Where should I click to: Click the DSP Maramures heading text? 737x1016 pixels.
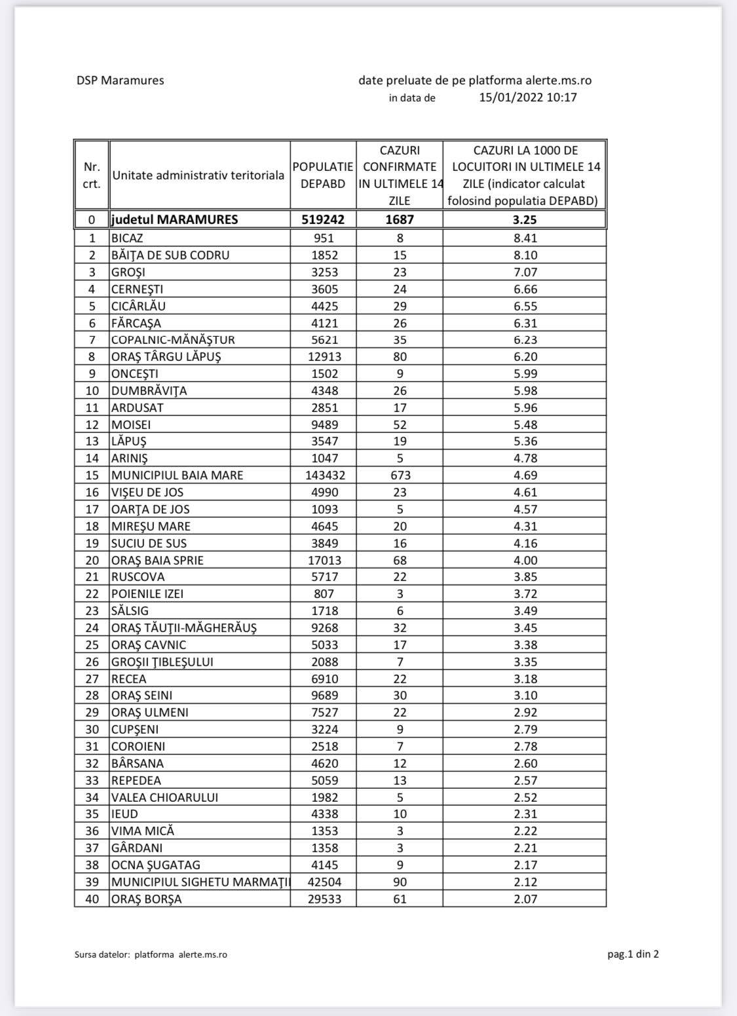tap(120, 81)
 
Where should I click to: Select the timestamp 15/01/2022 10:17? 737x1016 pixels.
tap(527, 98)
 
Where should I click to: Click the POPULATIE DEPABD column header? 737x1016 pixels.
tap(323, 176)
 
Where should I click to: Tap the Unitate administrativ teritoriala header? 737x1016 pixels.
tap(198, 176)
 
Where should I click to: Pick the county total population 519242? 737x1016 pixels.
tap(323, 219)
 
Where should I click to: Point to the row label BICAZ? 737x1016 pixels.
tap(127, 238)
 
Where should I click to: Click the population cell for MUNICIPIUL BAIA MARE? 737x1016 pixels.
tap(323, 476)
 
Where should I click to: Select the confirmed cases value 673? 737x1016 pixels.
tap(400, 476)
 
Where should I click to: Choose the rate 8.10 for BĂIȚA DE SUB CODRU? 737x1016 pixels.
tap(525, 255)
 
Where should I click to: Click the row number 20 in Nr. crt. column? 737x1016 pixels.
tap(92, 561)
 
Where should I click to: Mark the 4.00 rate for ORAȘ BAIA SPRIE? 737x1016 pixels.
tap(525, 561)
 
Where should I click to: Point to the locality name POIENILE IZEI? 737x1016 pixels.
tap(147, 594)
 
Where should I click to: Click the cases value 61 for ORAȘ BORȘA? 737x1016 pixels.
tap(400, 899)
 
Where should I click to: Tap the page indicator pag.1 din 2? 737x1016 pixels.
tap(633, 954)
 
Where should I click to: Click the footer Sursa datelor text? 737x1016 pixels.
tap(151, 954)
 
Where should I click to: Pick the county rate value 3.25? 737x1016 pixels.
tap(525, 219)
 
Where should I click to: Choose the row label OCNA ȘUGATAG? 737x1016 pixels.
tap(155, 865)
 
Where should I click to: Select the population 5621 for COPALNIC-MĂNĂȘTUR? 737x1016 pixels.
tap(323, 340)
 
